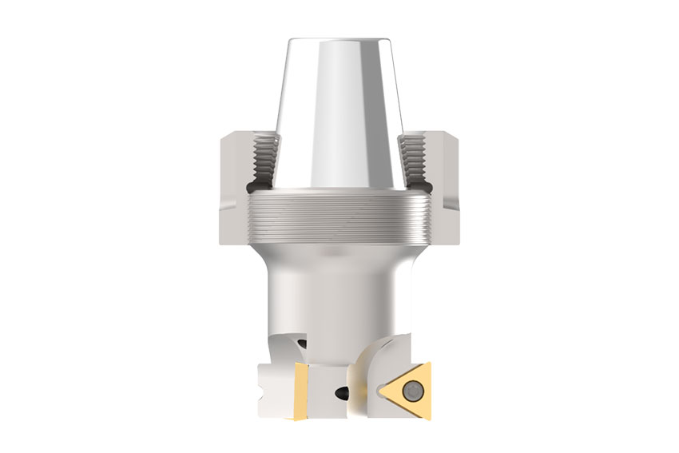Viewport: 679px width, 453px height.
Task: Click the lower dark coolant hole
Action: click(342, 392)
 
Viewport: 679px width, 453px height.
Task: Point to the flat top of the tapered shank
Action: click(339, 40)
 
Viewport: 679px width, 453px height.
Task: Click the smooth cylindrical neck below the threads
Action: click(339, 288)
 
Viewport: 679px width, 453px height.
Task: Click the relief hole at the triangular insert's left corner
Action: click(378, 391)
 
